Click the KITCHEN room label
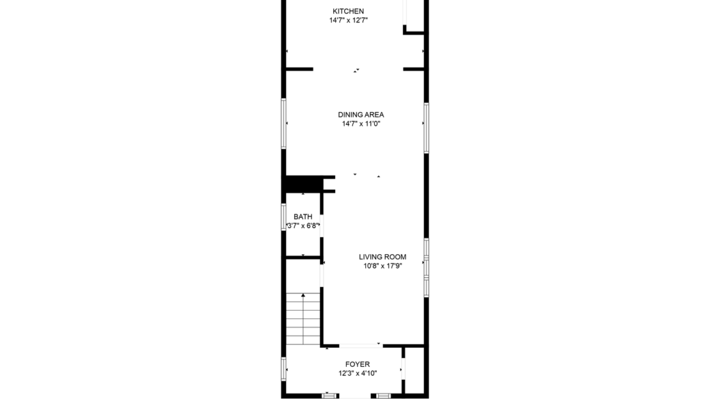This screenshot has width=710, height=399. pos(348,11)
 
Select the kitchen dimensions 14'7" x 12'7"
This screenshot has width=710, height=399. pos(348,20)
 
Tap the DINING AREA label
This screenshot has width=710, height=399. pos(361,115)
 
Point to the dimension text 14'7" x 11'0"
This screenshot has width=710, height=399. pos(361,124)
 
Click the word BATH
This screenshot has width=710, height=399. pos(303,216)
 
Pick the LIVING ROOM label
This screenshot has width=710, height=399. pos(382,257)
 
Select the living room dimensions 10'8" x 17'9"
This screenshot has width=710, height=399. pos(382,266)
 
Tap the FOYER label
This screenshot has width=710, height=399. pos(358,364)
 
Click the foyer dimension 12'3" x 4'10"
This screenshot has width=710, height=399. pos(358,373)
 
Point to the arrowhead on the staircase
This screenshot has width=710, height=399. pos(303,297)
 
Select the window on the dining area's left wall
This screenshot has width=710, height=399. pos(284,123)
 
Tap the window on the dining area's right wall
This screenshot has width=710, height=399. pos(426,127)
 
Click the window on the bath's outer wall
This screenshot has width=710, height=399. pos(283,217)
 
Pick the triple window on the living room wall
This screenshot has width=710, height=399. pos(426,267)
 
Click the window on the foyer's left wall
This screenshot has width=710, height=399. pos(283,370)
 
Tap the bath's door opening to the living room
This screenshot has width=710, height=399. pos(321,225)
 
